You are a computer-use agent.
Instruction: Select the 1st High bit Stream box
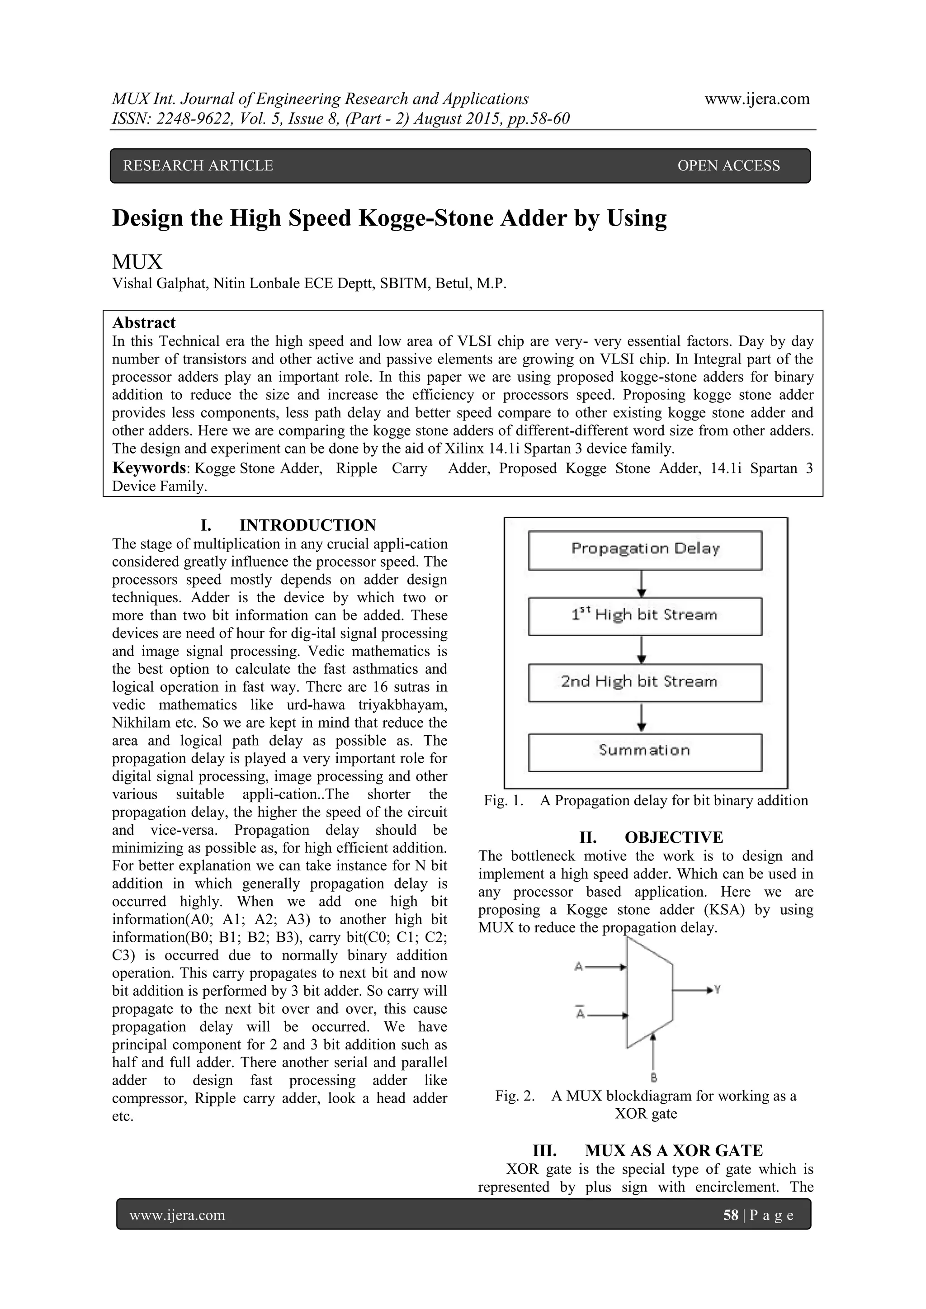click(x=645, y=616)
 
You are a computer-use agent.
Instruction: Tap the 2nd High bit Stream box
click(x=645, y=682)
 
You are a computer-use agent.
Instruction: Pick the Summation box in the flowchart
click(x=645, y=751)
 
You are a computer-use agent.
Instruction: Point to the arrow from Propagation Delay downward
click(x=642, y=583)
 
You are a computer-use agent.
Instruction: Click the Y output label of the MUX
click(x=717, y=990)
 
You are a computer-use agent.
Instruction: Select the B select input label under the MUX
click(x=654, y=1077)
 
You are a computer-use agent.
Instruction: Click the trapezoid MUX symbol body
click(x=649, y=992)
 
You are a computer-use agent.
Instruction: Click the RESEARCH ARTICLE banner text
click(x=198, y=165)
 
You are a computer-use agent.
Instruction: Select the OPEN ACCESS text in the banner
click(x=728, y=165)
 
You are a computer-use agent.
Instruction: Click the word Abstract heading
click(x=144, y=323)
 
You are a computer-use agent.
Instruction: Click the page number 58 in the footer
click(x=730, y=1215)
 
